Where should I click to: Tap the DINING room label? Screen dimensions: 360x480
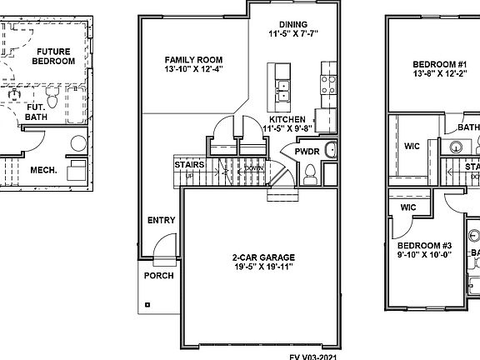pos(293,25)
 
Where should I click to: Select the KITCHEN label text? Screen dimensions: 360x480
pos(287,119)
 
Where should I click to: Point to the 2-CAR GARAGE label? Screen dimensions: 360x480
pos(262,257)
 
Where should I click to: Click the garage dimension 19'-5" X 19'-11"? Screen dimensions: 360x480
pos(262,267)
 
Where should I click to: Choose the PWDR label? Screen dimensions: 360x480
pos(304,152)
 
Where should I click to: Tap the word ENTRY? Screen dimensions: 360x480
pos(161,221)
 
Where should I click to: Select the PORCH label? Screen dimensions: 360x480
pos(158,276)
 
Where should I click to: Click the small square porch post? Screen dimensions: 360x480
pos(147,304)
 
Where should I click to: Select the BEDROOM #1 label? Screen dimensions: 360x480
pos(439,64)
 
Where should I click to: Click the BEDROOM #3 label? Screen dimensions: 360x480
pos(423,245)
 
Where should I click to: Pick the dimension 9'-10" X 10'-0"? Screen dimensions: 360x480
pos(423,256)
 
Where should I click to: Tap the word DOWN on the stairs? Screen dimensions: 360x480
pos(254,168)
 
